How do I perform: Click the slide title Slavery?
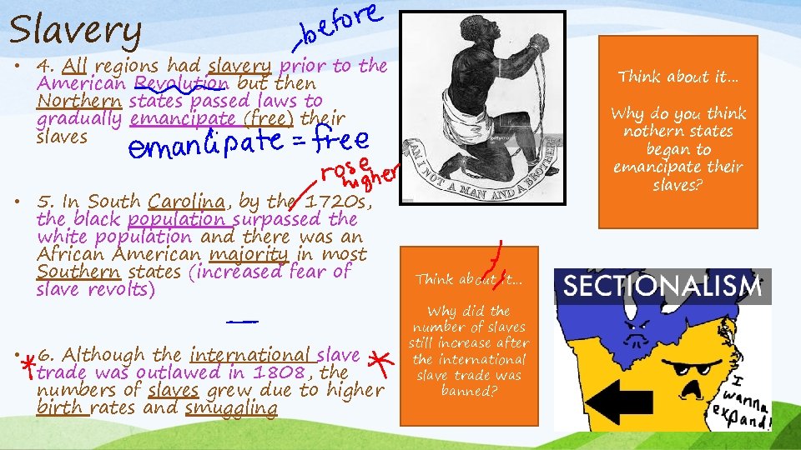(76, 31)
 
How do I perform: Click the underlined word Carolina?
(186, 202)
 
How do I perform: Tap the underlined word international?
(251, 355)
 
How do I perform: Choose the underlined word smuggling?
(230, 408)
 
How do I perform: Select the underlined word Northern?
(80, 102)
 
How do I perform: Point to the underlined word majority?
(249, 254)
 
